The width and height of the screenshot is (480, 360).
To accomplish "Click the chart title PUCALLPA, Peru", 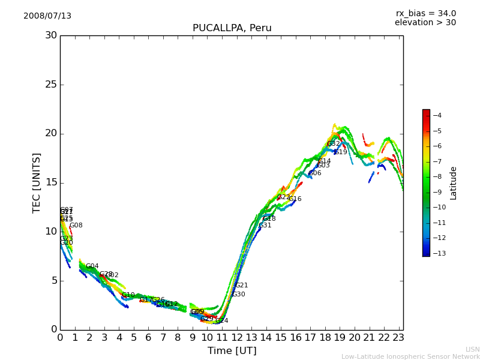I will [x=232, y=28].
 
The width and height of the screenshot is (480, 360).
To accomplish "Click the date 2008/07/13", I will [x=47, y=16].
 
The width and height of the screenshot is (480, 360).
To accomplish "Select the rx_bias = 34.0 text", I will [x=425, y=14].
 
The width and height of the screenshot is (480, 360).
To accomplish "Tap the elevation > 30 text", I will [x=425, y=23].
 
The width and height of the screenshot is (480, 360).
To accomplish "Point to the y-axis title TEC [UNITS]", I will [x=37, y=182].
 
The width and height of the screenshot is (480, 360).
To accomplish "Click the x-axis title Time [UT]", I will [x=232, y=350].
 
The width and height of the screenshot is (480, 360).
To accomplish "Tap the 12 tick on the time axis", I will [x=236, y=338].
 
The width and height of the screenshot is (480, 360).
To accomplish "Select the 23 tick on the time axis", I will [x=398, y=338].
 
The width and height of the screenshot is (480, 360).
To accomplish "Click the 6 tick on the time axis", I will [x=148, y=338].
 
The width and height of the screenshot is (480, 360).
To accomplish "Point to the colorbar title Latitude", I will [x=454, y=183].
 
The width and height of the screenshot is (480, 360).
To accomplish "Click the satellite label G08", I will [x=76, y=226].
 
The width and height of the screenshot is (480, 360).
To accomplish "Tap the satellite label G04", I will [x=92, y=266].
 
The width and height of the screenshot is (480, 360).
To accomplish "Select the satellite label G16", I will [x=295, y=199].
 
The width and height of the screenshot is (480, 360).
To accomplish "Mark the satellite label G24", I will [x=222, y=321].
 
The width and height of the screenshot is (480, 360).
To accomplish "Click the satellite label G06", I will [x=315, y=173].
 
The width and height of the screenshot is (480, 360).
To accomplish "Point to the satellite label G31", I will [x=265, y=226].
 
